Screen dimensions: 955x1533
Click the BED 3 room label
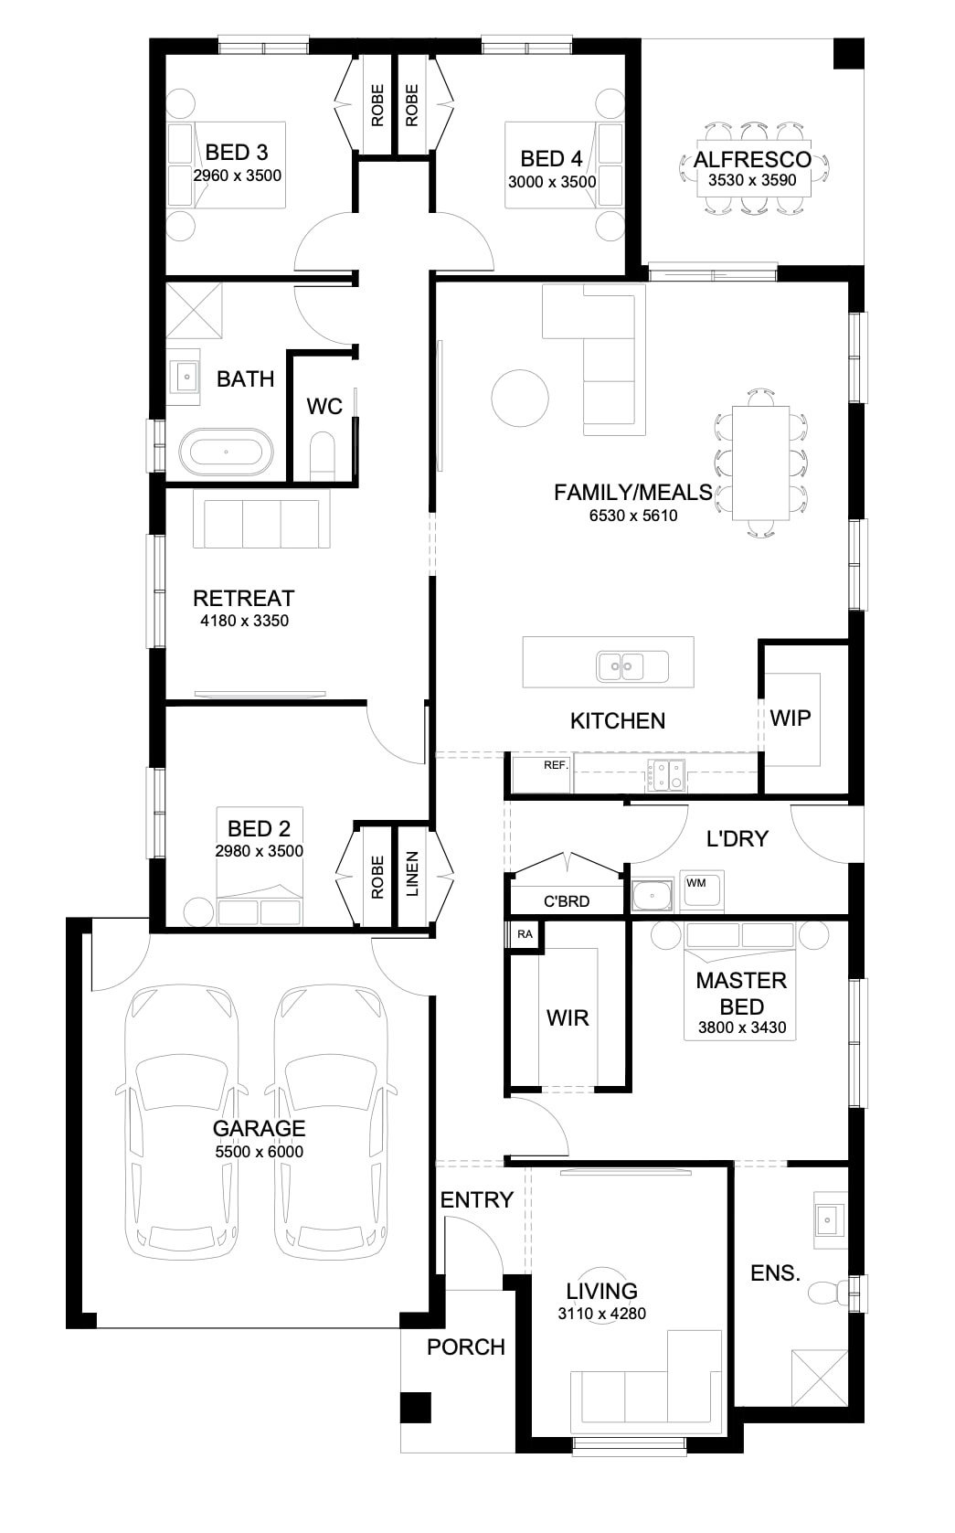(x=237, y=152)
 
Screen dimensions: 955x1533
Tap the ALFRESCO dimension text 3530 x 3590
(x=752, y=180)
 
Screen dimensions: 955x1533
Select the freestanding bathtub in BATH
(x=226, y=452)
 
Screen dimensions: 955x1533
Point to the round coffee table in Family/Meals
(x=520, y=399)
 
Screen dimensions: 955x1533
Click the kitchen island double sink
(x=622, y=665)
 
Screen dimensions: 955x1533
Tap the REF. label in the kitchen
(x=557, y=765)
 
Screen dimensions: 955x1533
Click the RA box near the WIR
(x=525, y=934)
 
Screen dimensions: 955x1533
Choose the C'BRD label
(x=567, y=901)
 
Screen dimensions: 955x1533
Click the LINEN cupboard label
(x=412, y=874)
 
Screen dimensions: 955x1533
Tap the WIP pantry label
(x=791, y=718)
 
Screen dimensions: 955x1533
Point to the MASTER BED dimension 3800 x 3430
(x=742, y=1027)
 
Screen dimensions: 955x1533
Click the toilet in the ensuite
(x=828, y=1293)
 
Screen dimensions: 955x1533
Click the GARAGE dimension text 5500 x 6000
(x=260, y=1151)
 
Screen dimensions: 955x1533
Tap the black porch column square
(x=416, y=1407)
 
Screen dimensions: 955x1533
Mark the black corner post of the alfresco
(x=848, y=53)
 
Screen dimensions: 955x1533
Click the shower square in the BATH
(x=195, y=311)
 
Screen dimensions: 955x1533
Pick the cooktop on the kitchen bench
(x=665, y=775)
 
